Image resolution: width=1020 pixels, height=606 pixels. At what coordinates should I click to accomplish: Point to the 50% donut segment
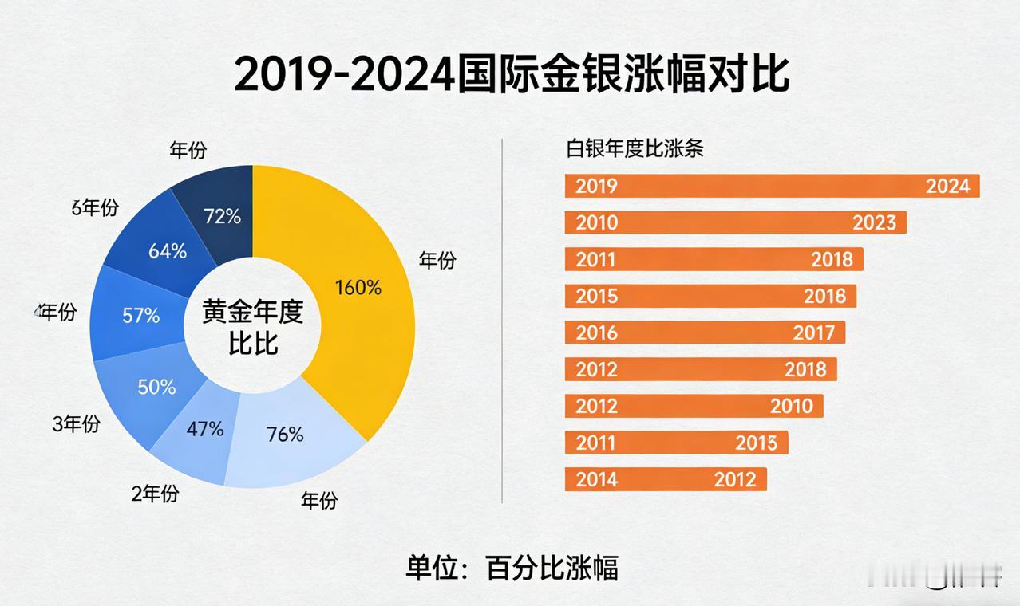(156, 388)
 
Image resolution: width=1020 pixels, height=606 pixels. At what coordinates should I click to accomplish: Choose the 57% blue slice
(141, 316)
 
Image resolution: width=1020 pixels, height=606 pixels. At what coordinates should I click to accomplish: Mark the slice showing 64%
(168, 251)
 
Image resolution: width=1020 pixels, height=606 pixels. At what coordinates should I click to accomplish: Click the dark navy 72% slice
(222, 216)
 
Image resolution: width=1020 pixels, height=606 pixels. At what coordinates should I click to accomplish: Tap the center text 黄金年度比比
(253, 328)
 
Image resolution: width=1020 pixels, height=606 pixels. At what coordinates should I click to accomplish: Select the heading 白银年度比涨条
(635, 148)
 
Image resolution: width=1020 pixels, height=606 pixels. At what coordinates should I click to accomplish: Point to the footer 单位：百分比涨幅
(512, 568)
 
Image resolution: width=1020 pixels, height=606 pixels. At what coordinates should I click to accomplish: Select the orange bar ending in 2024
(772, 186)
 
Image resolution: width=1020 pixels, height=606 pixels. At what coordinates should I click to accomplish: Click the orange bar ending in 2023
(735, 222)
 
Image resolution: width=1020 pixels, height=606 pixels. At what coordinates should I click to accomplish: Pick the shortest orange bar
(665, 479)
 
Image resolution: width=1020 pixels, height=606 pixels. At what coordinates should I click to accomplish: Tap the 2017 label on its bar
(813, 333)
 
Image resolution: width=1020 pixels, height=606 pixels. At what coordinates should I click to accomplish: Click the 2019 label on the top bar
(596, 186)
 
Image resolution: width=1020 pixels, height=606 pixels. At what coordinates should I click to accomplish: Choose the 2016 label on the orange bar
(596, 333)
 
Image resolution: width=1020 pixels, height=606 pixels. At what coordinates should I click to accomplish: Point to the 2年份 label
(155, 494)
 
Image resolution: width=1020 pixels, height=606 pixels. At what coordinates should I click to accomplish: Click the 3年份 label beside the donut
(76, 424)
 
